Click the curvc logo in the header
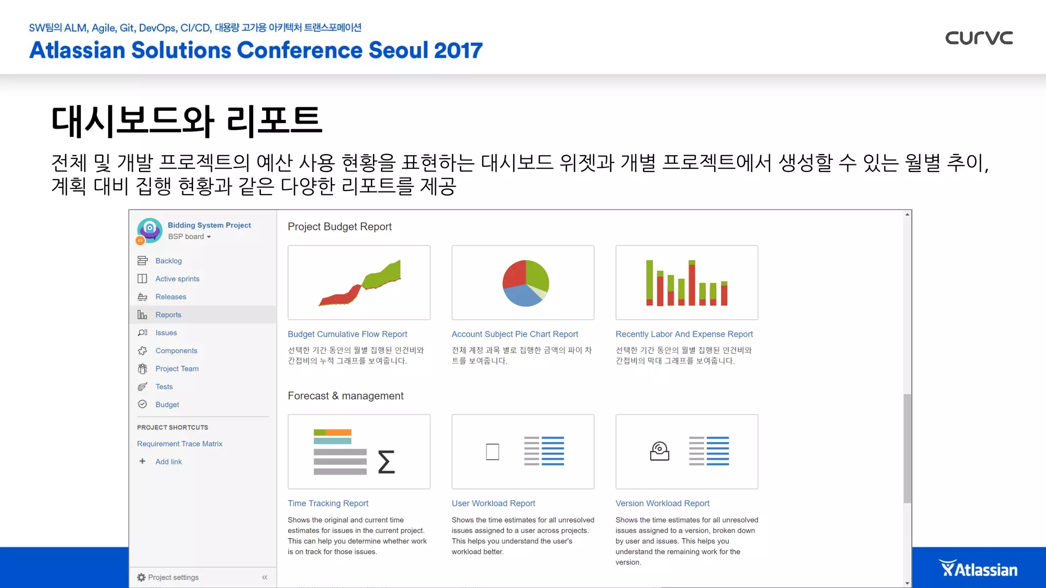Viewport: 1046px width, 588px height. coord(979,38)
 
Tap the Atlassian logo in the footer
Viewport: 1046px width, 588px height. coord(979,569)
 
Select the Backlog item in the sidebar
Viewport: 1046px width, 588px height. coord(169,261)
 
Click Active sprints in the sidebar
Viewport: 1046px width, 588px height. coord(177,279)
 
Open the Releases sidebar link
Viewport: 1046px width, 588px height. coord(171,297)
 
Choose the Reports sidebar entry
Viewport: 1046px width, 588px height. coord(169,315)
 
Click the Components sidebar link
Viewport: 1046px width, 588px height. coord(176,351)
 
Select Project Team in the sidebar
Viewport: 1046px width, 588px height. coord(177,369)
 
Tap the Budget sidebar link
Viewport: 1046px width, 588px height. coord(167,404)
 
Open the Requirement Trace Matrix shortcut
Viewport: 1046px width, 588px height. coord(179,444)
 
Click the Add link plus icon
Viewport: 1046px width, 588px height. coord(142,461)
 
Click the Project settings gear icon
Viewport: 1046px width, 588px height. coord(141,577)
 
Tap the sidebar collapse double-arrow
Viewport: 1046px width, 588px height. coord(265,577)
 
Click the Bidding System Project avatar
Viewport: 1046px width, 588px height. coord(150,230)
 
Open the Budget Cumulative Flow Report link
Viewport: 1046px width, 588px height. coord(347,334)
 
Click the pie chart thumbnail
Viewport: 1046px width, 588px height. coord(525,283)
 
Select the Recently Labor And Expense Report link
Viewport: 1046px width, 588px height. coord(684,334)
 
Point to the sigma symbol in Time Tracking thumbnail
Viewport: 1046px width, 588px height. coord(386,462)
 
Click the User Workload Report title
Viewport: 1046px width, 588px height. coord(493,503)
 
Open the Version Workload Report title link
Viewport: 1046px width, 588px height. coord(662,503)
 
